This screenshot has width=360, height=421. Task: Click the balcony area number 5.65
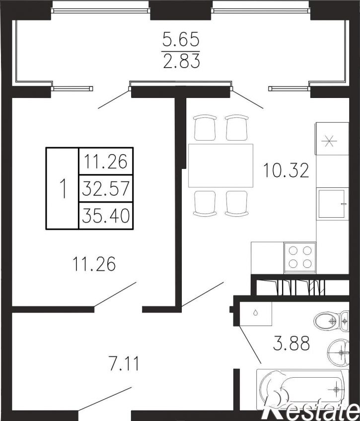click(181, 39)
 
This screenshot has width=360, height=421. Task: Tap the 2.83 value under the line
click(182, 61)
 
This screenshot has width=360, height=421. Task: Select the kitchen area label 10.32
click(286, 170)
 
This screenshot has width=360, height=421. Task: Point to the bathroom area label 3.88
click(291, 343)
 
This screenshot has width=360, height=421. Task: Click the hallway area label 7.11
click(124, 363)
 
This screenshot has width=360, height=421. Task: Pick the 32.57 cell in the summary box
click(106, 188)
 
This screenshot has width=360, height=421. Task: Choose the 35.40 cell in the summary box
click(106, 216)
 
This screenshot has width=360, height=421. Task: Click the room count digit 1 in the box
click(63, 188)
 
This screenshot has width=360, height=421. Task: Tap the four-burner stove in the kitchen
click(300, 258)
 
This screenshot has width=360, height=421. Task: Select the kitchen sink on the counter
click(332, 203)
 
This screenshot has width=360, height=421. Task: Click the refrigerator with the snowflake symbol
click(332, 139)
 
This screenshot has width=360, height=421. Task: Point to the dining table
click(221, 166)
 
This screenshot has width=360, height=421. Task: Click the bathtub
click(302, 389)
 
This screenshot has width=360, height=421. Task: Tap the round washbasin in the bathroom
click(339, 352)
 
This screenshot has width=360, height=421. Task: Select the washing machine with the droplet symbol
click(256, 313)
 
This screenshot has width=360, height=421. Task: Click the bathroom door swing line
click(250, 344)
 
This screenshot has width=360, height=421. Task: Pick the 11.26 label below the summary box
click(94, 263)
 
